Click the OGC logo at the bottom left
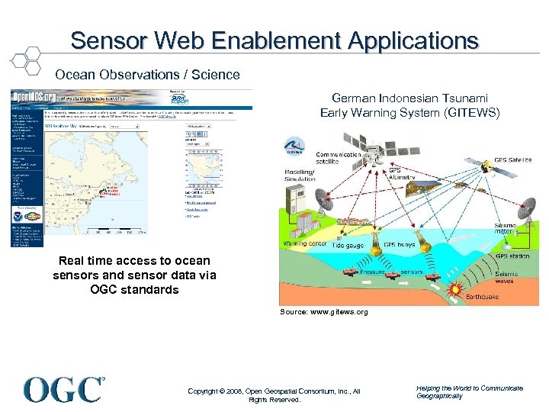64,389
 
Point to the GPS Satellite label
512,160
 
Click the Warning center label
305,244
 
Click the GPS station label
513,256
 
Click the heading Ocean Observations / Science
147,75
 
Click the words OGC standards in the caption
134,289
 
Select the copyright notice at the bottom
274,394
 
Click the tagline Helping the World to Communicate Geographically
469,391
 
